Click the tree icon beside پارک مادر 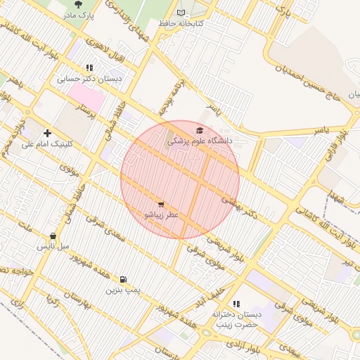click(78, 4)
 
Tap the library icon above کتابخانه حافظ click(181, 13)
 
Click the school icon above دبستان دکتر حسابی click(89, 67)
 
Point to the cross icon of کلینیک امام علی click(47, 133)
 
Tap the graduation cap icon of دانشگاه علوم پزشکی click(200, 130)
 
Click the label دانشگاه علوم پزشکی click(200, 141)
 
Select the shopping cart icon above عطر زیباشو click(161, 204)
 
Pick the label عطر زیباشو click(161, 214)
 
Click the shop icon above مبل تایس click(53, 236)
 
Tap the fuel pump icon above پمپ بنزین click(124, 279)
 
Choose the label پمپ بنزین click(124, 290)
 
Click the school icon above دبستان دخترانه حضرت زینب click(236, 304)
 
